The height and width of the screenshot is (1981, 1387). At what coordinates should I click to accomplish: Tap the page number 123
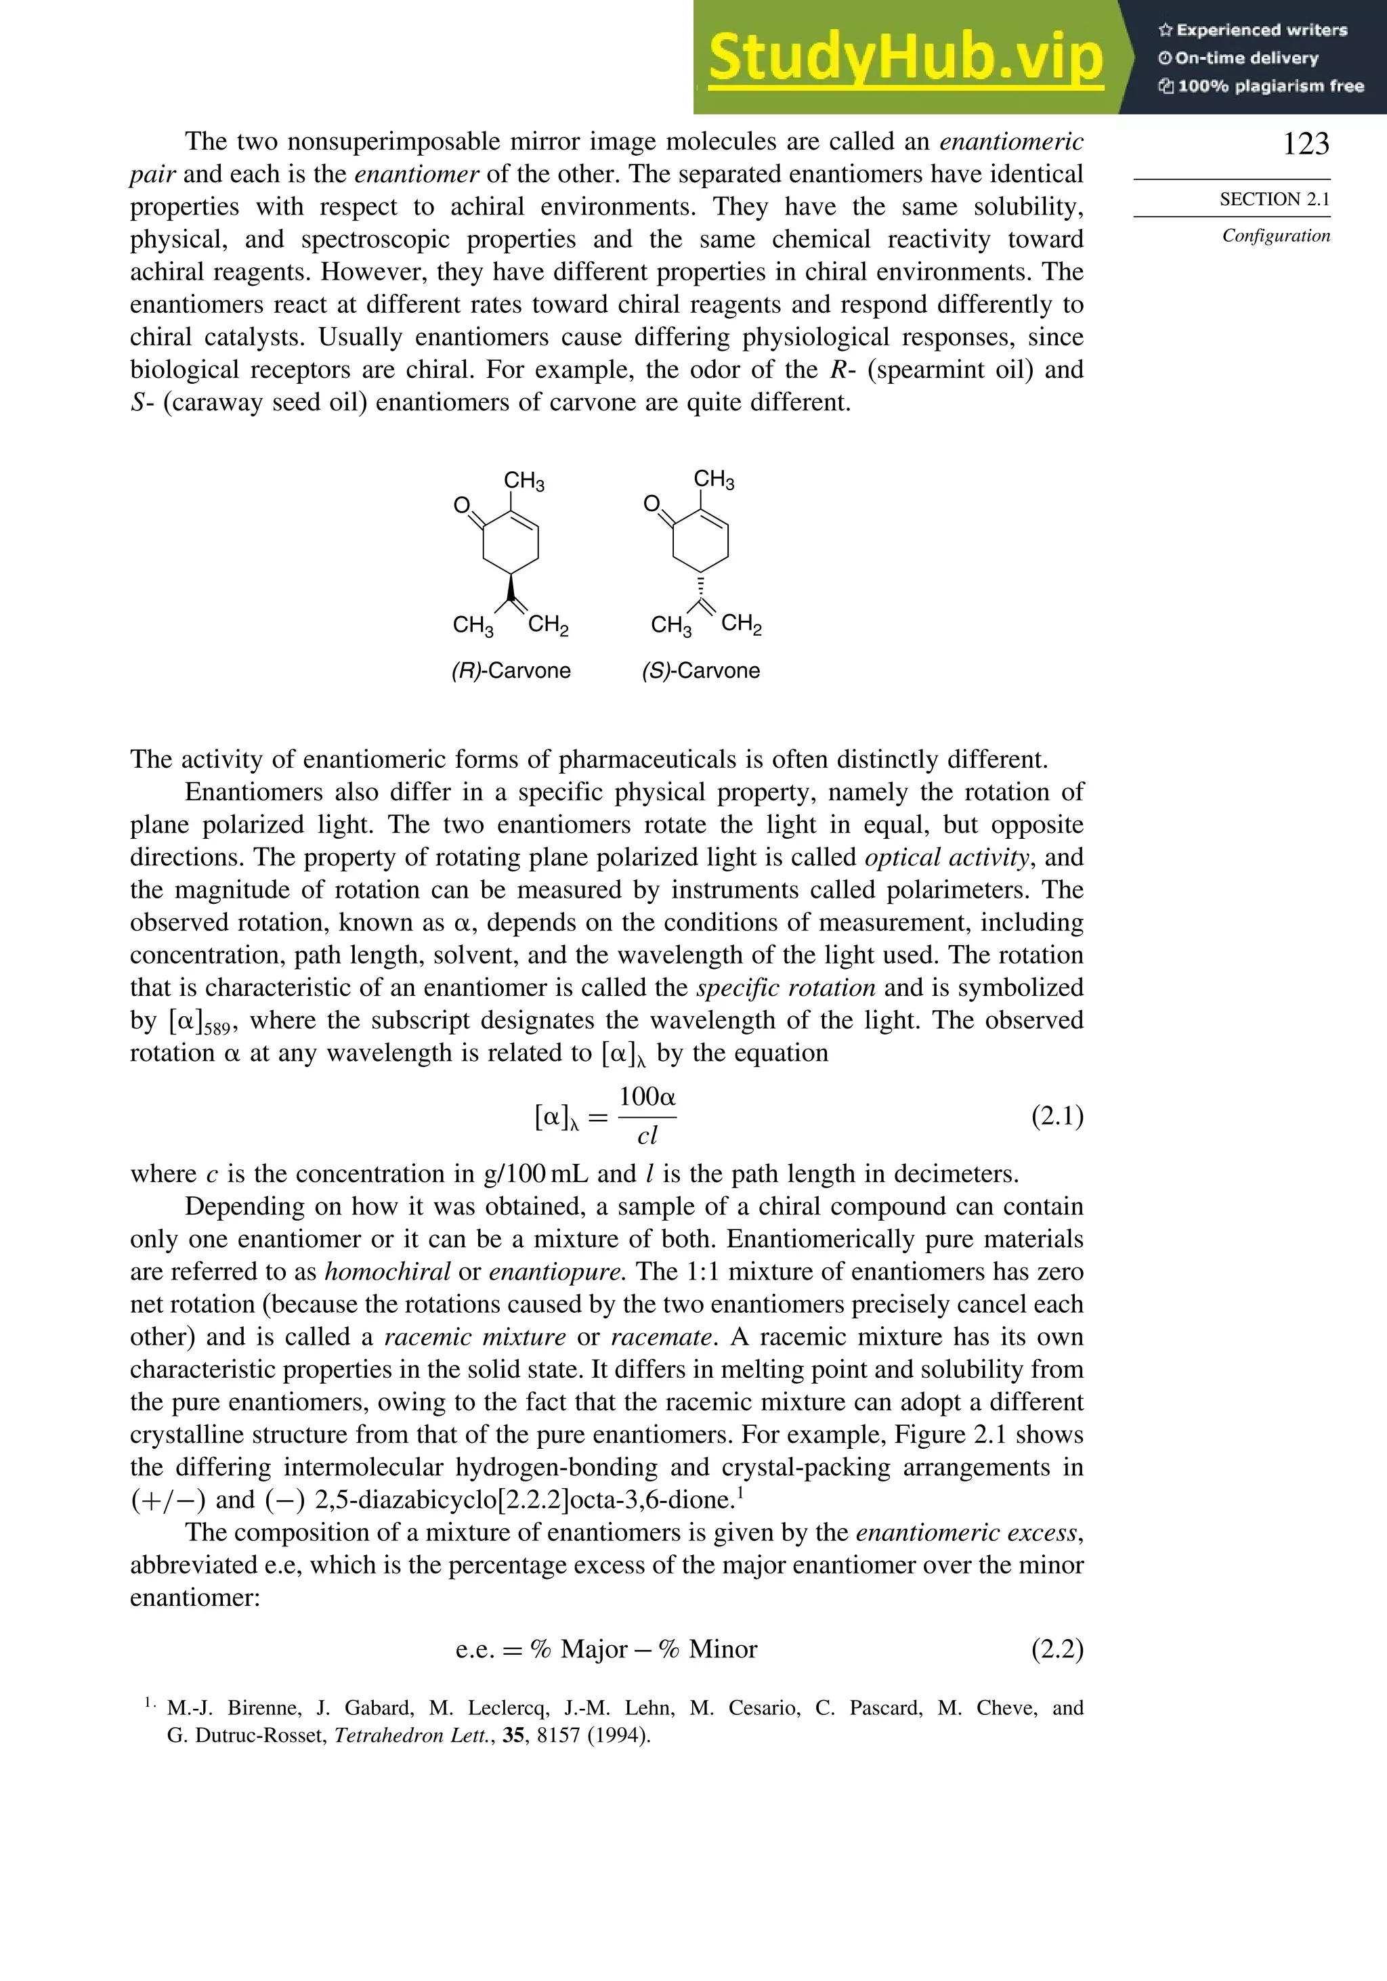[1305, 144]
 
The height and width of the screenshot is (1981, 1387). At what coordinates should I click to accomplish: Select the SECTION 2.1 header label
[1274, 199]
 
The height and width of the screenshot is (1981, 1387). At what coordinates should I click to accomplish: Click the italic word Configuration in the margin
[1276, 236]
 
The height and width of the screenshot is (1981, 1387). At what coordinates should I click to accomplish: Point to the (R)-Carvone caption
[511, 670]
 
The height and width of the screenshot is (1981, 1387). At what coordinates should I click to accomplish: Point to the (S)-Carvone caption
[701, 670]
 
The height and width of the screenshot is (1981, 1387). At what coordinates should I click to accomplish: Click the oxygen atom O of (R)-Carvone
[462, 506]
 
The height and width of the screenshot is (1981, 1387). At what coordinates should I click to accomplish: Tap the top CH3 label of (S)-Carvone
[714, 480]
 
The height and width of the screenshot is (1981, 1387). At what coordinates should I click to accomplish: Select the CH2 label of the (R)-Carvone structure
[548, 624]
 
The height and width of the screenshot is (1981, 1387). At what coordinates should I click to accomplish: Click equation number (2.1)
[1057, 1116]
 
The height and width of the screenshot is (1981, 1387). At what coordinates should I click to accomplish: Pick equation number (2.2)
[1057, 1649]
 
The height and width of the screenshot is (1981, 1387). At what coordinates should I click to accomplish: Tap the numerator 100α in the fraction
[647, 1097]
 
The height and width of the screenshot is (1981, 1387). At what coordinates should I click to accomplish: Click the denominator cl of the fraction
[647, 1136]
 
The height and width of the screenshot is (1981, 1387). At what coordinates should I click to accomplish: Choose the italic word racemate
[662, 1336]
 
